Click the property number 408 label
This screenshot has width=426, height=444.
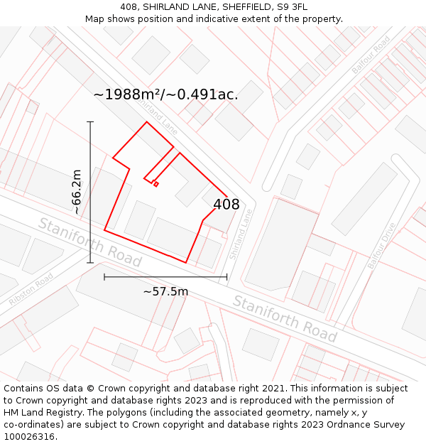click(226, 205)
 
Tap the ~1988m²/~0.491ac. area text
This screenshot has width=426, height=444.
click(166, 94)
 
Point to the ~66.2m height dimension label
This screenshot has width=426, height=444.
click(77, 192)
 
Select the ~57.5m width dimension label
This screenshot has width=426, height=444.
click(165, 291)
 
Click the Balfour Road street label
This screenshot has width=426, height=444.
click(371, 55)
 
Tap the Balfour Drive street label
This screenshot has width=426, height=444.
click(381, 246)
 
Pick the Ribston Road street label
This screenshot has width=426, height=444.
click(31, 290)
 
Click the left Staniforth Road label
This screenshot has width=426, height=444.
click(89, 242)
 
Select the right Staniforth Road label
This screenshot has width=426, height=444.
click(285, 318)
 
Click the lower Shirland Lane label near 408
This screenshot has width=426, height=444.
click(241, 233)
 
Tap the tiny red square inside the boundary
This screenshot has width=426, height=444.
click(155, 185)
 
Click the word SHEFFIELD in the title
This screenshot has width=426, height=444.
click(240, 7)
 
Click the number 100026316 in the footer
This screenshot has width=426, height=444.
click(29, 437)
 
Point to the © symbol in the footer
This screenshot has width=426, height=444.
click(90, 389)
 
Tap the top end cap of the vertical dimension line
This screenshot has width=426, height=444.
click(90, 122)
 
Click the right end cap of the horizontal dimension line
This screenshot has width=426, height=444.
click(226, 276)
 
